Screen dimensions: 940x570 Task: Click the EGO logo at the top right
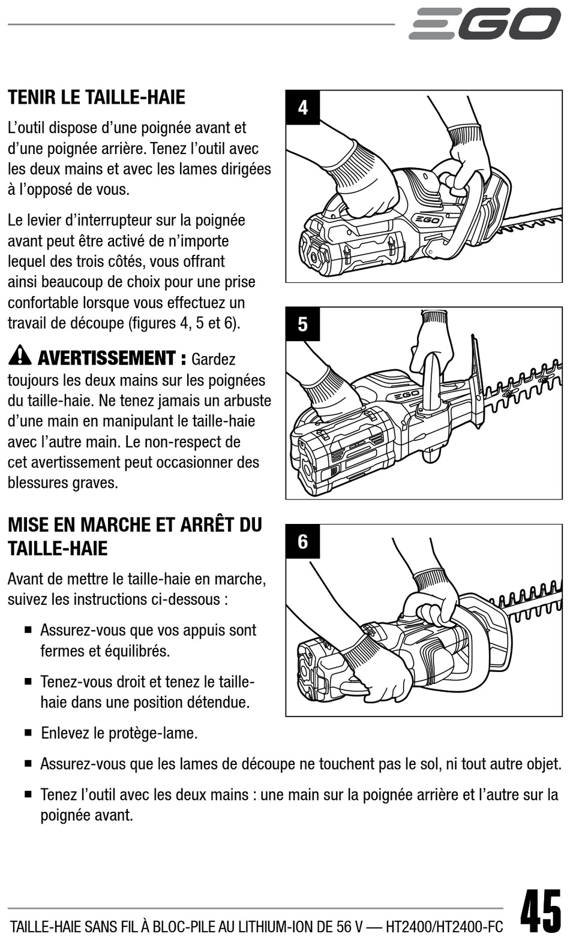tap(485, 24)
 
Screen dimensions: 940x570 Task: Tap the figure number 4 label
tap(302, 108)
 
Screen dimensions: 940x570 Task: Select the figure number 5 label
tap(302, 324)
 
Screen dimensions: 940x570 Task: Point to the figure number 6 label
tap(302, 541)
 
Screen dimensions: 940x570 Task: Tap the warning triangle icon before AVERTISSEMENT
tap(20, 356)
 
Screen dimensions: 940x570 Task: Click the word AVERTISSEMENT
tap(107, 358)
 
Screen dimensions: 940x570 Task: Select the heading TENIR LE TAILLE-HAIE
tap(96, 97)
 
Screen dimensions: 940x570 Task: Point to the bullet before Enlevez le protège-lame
tap(28, 733)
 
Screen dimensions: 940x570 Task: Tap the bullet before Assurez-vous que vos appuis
tap(28, 631)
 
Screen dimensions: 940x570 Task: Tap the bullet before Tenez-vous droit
tap(28, 682)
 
